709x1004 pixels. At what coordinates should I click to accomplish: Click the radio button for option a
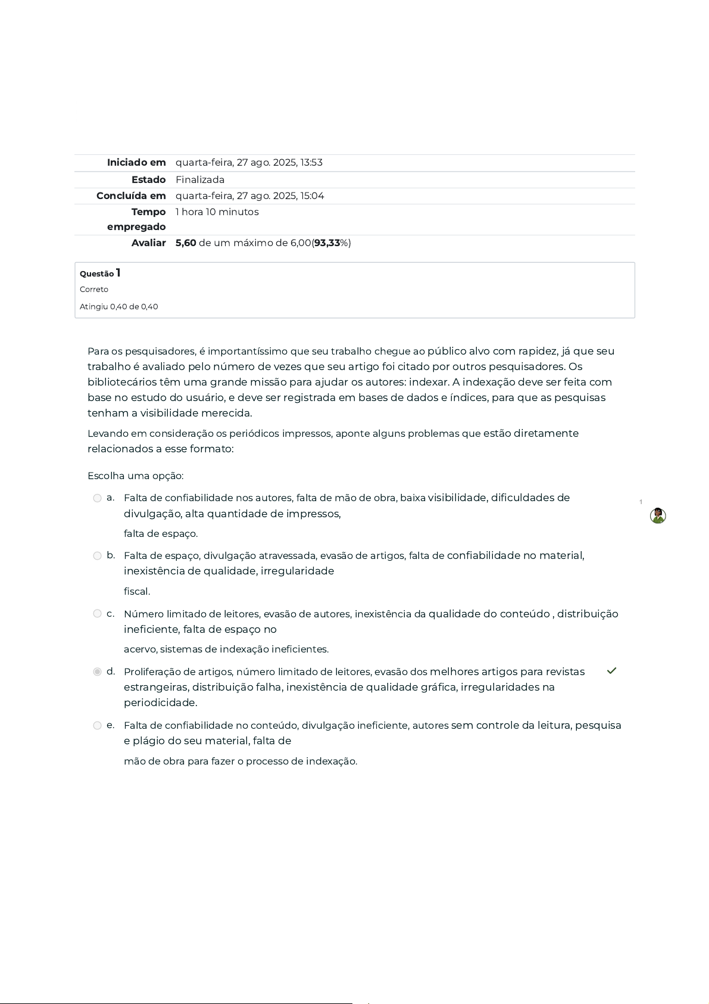click(x=97, y=498)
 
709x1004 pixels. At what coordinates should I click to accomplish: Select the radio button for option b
click(x=97, y=556)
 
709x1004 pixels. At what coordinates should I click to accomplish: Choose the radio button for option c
click(x=97, y=614)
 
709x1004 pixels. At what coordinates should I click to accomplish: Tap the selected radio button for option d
click(x=97, y=672)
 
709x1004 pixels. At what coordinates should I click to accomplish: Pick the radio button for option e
click(x=97, y=725)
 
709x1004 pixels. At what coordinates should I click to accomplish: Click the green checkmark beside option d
click(x=611, y=671)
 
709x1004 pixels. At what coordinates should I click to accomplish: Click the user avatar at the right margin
click(x=658, y=516)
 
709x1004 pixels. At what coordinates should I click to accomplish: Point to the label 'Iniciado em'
click(x=136, y=163)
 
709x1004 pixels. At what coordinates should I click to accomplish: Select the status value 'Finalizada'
click(x=200, y=180)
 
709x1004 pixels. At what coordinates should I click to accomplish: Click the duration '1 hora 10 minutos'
click(x=217, y=212)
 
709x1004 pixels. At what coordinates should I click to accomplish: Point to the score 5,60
click(x=186, y=243)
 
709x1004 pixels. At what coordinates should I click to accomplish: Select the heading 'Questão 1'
click(x=100, y=273)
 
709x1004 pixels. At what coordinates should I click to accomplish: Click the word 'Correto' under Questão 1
click(x=94, y=290)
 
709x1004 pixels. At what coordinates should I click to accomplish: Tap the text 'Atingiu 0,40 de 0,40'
click(x=119, y=307)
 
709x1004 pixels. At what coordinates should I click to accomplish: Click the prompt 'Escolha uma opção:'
click(x=135, y=476)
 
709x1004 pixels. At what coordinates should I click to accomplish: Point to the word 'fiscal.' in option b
click(x=137, y=592)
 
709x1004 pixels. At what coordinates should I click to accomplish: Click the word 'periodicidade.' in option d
click(x=160, y=703)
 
